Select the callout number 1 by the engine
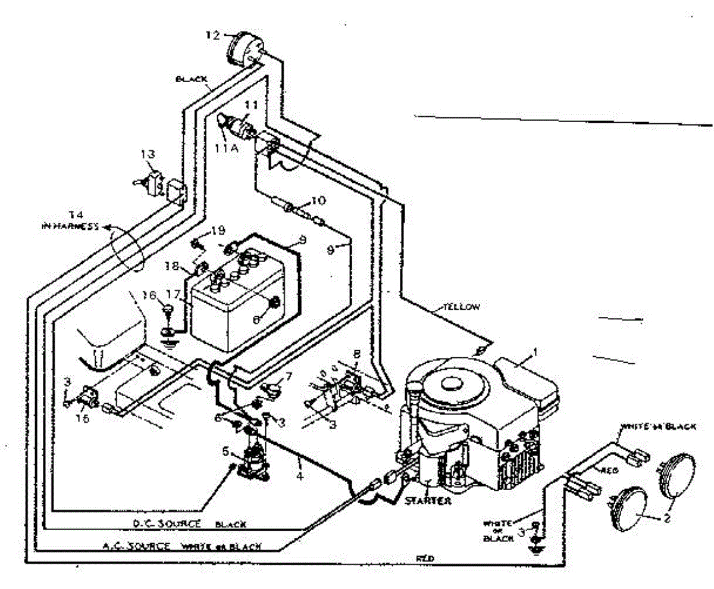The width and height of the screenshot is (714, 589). coord(534,351)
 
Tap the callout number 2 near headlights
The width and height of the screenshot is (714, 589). coord(667,519)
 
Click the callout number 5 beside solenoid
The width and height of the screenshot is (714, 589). coord(225,451)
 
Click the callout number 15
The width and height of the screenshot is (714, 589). coord(85,419)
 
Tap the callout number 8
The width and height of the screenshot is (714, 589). coord(356,354)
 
